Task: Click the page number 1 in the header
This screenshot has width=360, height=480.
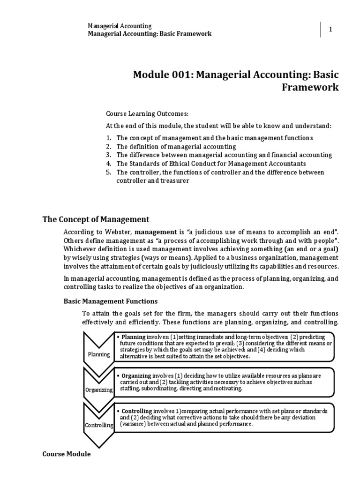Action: pyautogui.click(x=330, y=29)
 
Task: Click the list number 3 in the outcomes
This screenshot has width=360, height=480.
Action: pyautogui.click(x=108, y=155)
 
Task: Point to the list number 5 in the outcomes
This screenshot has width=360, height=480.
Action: pyautogui.click(x=108, y=172)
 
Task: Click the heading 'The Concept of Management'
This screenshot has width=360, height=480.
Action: pyautogui.click(x=96, y=219)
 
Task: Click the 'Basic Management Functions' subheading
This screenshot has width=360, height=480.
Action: pyautogui.click(x=111, y=301)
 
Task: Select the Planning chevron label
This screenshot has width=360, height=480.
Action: pyautogui.click(x=98, y=354)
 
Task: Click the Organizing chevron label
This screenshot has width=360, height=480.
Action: pyautogui.click(x=98, y=390)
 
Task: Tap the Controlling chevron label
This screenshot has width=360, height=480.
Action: pyautogui.click(x=98, y=425)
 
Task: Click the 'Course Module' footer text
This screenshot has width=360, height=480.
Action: pyautogui.click(x=67, y=454)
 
